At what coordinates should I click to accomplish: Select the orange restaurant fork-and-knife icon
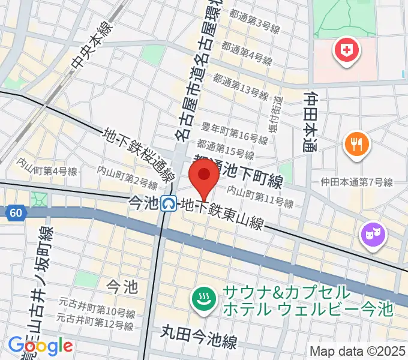(x=357, y=144)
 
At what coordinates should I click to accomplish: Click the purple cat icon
(x=373, y=233)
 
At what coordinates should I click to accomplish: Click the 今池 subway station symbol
(x=170, y=205)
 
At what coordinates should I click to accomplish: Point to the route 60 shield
(x=14, y=212)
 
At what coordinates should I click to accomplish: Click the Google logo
(x=40, y=346)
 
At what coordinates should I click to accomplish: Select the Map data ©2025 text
(x=357, y=350)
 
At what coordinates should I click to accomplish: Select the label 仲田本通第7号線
(x=356, y=182)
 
